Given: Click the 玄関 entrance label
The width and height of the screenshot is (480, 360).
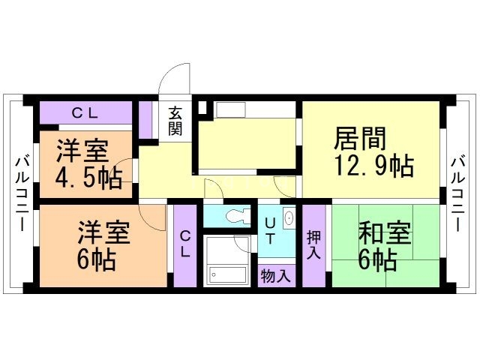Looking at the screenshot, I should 175,121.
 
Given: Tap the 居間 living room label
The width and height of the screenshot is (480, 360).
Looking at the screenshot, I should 360,139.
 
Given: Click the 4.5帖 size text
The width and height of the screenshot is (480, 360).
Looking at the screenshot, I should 89,178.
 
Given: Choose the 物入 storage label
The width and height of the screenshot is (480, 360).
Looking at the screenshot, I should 275,275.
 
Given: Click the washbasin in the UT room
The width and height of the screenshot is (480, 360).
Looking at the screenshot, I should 289,218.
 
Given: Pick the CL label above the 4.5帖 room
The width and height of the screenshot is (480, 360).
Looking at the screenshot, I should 85,112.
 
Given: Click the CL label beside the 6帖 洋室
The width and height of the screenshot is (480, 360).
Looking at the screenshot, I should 185,244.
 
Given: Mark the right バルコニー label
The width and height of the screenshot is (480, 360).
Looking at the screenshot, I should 457,192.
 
